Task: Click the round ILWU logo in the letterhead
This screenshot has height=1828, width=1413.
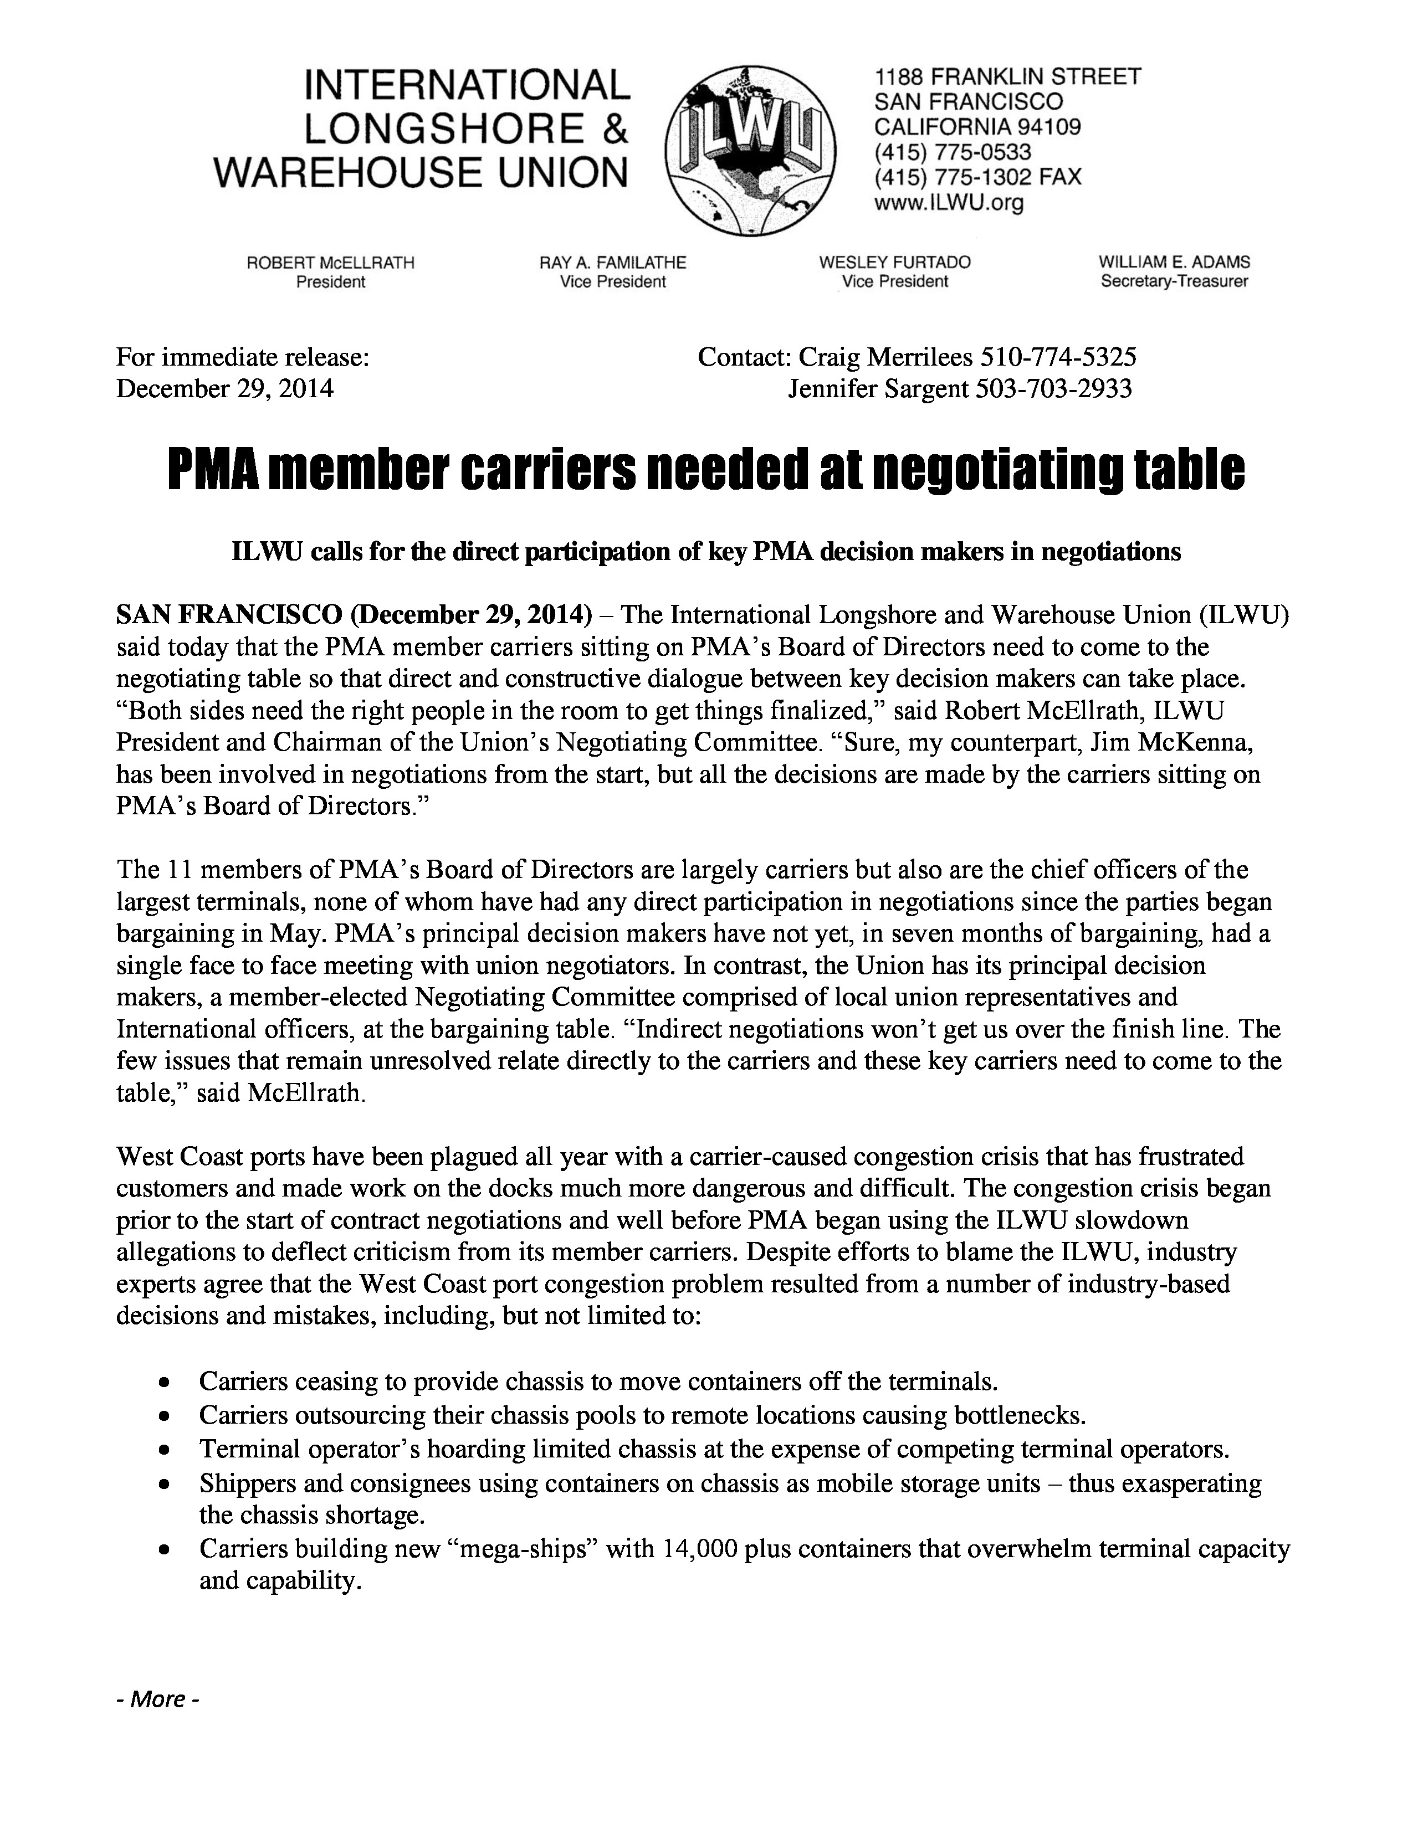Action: click(x=750, y=151)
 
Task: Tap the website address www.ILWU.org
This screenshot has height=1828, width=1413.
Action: click(x=949, y=203)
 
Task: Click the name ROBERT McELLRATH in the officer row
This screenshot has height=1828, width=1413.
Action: click(x=331, y=263)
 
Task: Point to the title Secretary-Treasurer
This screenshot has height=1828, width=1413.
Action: click(x=1174, y=282)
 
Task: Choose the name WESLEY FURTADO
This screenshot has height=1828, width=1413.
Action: click(x=895, y=263)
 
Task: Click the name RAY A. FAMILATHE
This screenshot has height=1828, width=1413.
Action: click(x=613, y=263)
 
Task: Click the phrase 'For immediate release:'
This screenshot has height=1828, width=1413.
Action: click(x=243, y=357)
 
